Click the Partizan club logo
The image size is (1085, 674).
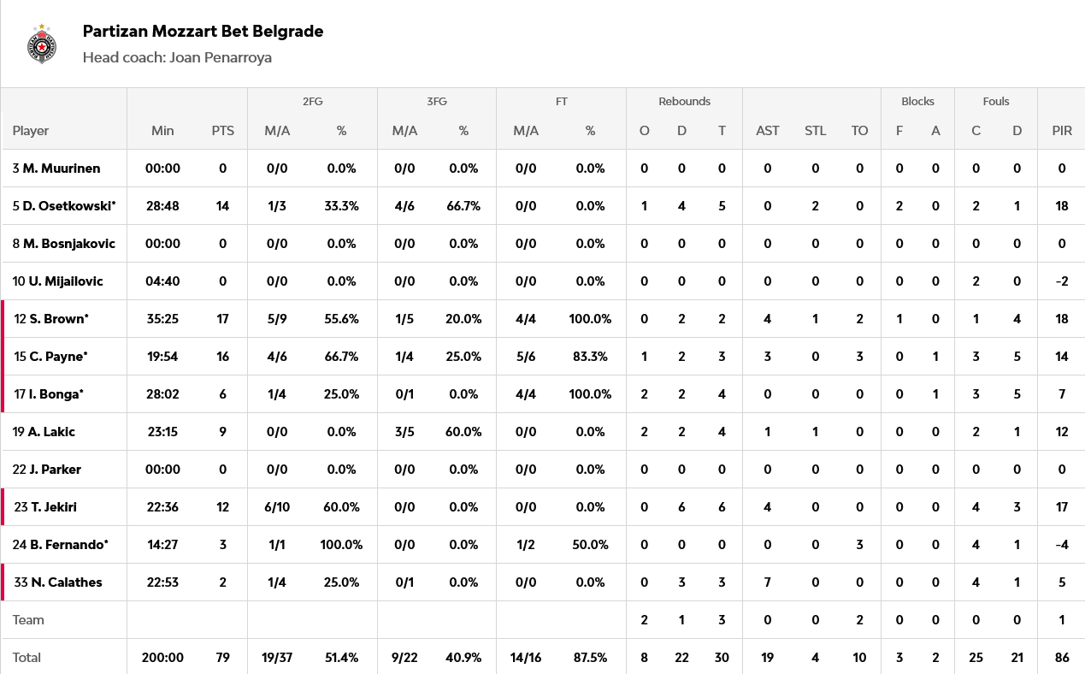click(x=42, y=44)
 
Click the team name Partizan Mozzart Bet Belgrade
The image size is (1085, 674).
click(x=203, y=32)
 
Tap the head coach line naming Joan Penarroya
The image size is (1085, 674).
click(x=177, y=58)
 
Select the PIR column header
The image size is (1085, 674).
click(x=1062, y=131)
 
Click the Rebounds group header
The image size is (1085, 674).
click(x=684, y=101)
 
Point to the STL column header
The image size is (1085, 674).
click(x=815, y=131)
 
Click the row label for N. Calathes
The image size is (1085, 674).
click(x=58, y=582)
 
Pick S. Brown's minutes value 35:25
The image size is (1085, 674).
click(x=162, y=319)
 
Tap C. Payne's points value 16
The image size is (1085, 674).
click(x=223, y=357)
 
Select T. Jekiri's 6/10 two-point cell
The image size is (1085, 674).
click(x=277, y=507)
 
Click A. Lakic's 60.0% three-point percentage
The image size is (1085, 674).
click(x=463, y=432)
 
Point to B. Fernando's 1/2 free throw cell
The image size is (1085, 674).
click(x=525, y=545)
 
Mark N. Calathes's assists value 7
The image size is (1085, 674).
click(x=767, y=582)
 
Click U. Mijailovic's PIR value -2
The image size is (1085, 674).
click(x=1062, y=281)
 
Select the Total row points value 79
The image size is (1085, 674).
click(x=223, y=658)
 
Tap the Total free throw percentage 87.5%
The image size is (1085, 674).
click(x=590, y=658)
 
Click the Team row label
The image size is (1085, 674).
click(x=28, y=620)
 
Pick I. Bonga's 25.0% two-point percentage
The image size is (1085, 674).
click(x=341, y=394)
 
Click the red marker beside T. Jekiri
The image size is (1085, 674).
click(x=3, y=507)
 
